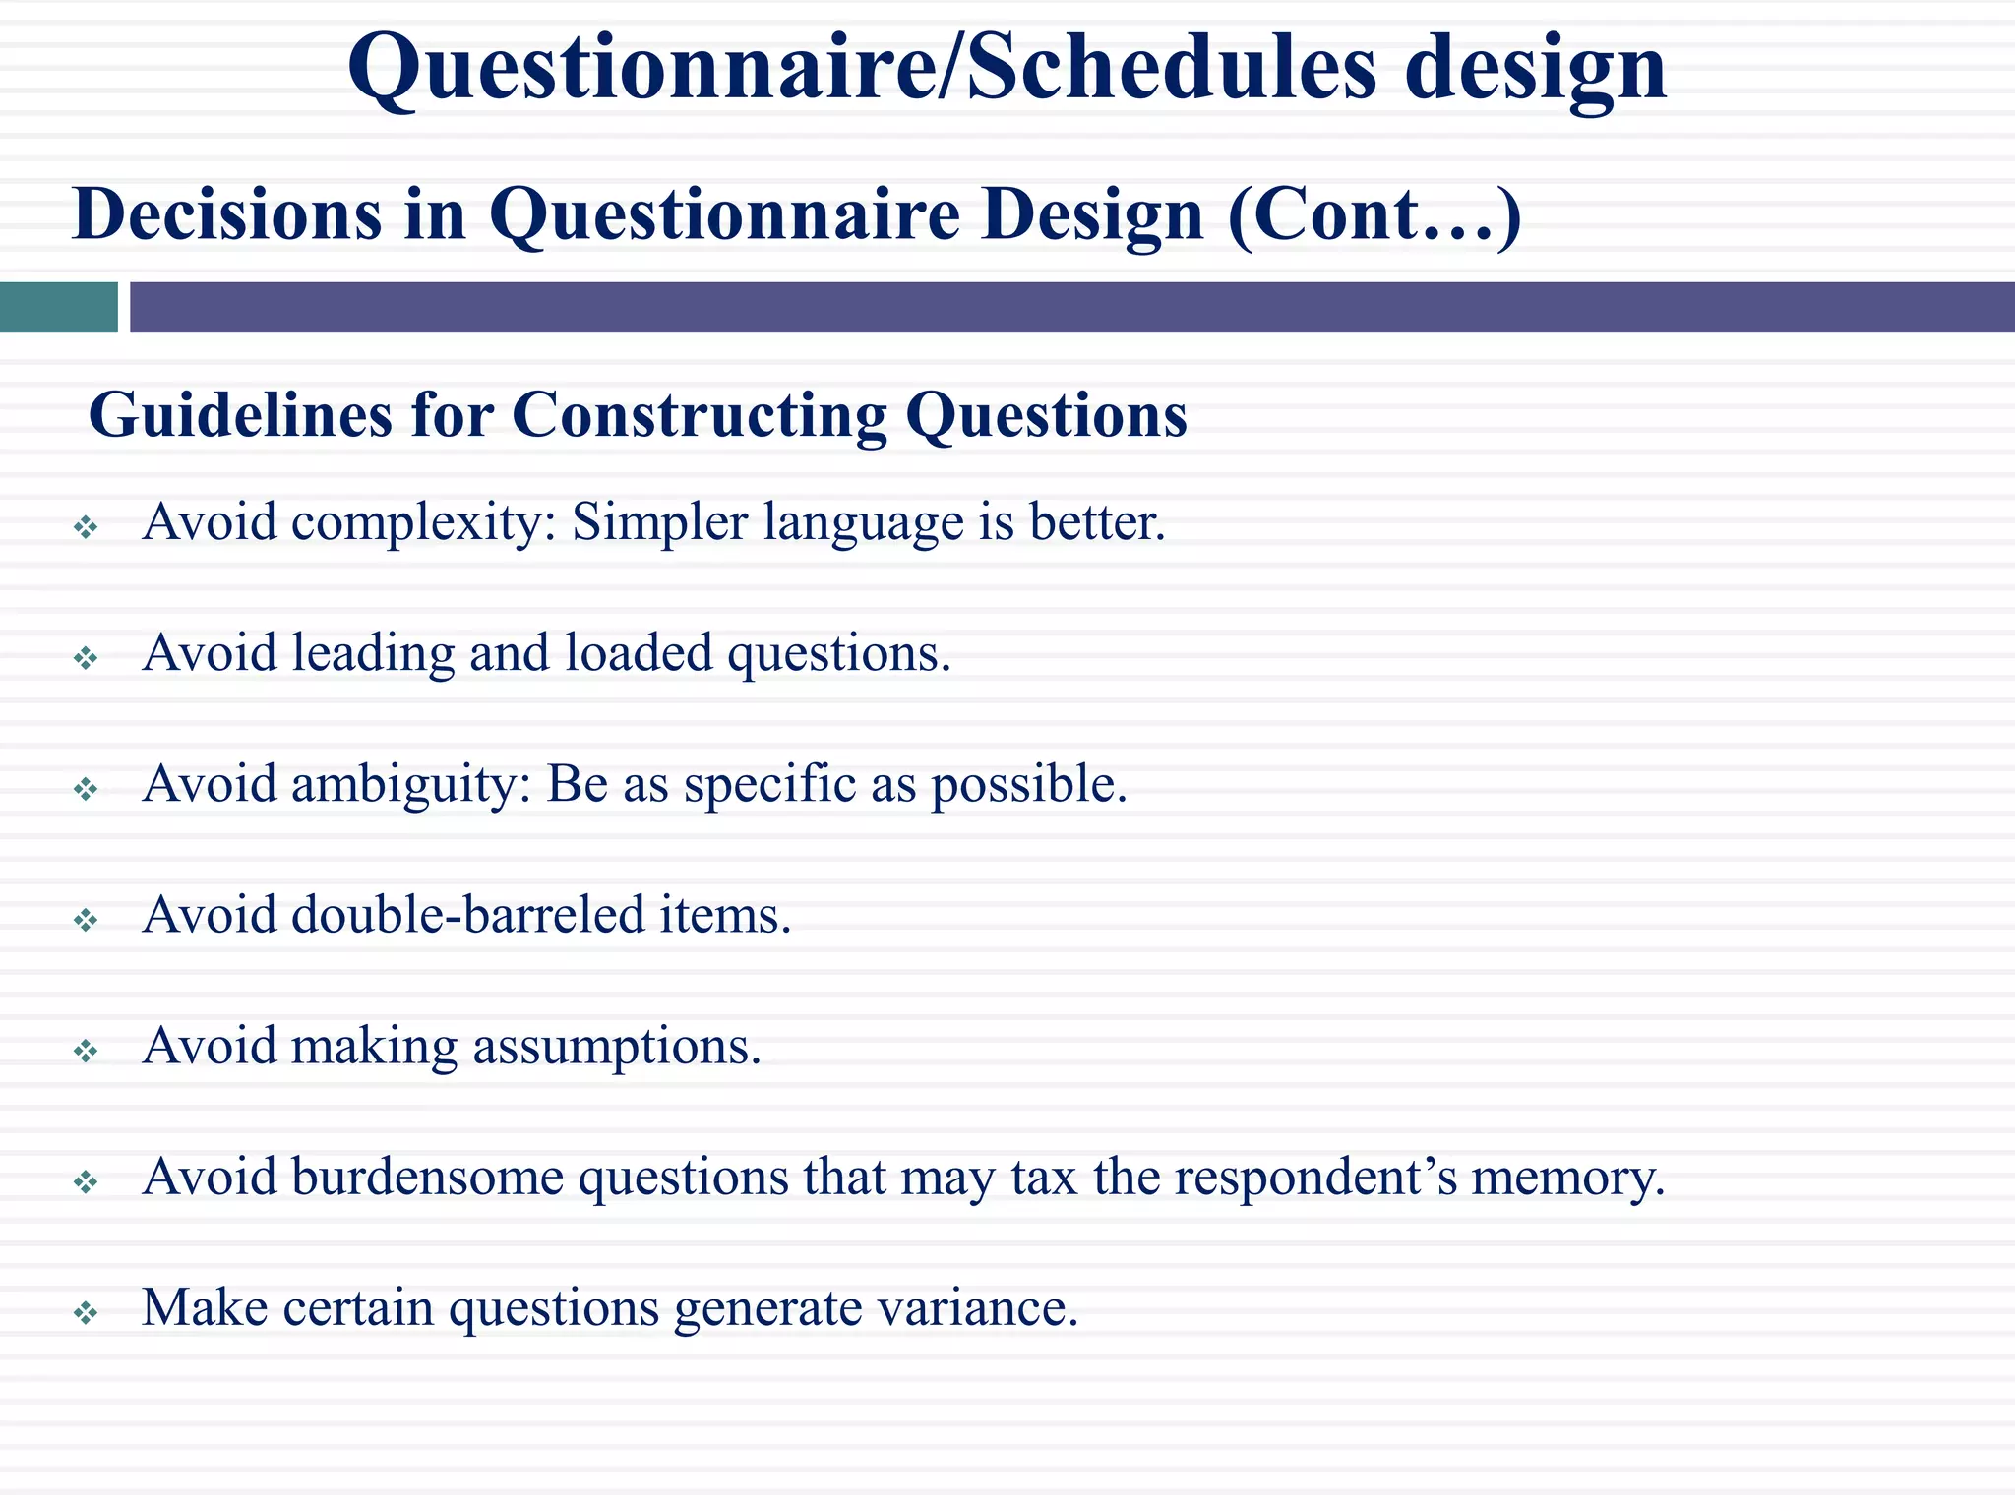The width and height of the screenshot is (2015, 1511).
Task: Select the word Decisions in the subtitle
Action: [x=226, y=214]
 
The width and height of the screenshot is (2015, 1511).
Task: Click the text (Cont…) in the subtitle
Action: [x=1374, y=214]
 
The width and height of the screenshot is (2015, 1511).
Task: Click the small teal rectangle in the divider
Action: [x=58, y=307]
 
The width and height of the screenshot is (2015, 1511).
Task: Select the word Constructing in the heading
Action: [x=699, y=415]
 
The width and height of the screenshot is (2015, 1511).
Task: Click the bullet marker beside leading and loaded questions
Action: [x=87, y=658]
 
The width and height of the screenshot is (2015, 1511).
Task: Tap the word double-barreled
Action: [x=466, y=915]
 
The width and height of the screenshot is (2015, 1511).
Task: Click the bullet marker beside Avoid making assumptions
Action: [x=87, y=1052]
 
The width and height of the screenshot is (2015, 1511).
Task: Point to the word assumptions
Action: [x=617, y=1047]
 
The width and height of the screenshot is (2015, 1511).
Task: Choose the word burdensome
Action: [x=427, y=1177]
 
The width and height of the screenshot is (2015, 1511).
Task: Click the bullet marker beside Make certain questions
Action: [x=87, y=1313]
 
